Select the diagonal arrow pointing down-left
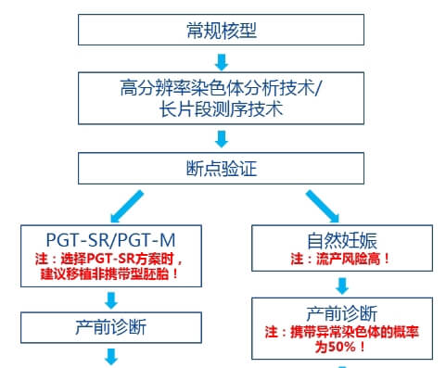pyautogui.click(x=128, y=202)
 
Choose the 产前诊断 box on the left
pyautogui.click(x=110, y=326)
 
